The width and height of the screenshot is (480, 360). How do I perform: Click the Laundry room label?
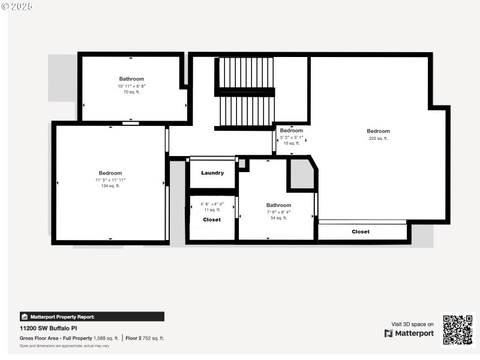[212, 173]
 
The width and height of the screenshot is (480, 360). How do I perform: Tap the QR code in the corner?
[458, 329]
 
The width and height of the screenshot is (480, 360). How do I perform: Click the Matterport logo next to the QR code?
[409, 334]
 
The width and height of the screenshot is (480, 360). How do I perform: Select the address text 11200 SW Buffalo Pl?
[49, 328]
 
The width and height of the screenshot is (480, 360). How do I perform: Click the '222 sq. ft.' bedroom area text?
[378, 138]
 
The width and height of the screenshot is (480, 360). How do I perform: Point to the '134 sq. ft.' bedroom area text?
[110, 186]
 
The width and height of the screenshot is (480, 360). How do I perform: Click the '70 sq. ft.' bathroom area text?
[131, 92]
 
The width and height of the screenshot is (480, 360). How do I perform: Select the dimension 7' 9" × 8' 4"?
[278, 212]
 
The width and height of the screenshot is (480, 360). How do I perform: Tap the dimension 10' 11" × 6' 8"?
[131, 86]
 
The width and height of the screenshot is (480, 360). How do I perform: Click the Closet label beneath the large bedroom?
[361, 232]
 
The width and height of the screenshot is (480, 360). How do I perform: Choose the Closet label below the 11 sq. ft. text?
[212, 220]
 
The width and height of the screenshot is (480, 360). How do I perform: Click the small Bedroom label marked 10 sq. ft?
[292, 130]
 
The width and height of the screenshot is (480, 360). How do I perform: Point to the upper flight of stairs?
[246, 73]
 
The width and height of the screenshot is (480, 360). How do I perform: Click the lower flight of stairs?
[246, 111]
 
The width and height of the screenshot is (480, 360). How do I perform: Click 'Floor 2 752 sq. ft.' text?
[145, 338]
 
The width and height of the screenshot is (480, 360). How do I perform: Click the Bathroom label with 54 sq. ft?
[278, 205]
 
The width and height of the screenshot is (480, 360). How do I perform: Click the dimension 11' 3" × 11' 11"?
[110, 180]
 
